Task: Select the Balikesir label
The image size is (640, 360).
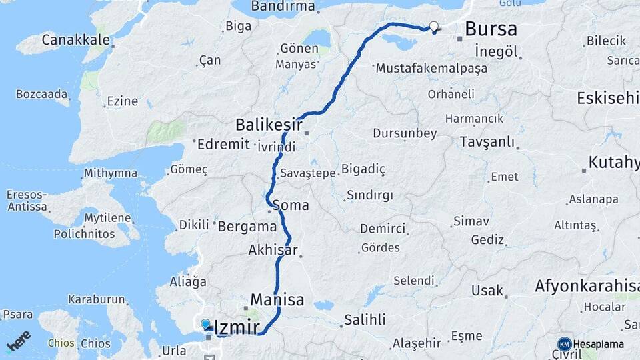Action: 269,125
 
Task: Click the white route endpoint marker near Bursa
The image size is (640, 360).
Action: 434,27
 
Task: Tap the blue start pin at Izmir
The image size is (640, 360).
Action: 205,324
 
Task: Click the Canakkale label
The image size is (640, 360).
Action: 75,40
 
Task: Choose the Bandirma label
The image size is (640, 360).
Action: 283,7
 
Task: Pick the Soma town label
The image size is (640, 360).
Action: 291,205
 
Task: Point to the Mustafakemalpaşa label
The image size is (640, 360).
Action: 431,68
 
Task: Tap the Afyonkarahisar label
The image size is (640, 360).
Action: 587,287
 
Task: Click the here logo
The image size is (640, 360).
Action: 19,341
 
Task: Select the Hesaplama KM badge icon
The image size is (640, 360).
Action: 564,344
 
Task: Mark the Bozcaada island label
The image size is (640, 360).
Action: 41,93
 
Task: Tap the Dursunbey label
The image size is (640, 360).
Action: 405,133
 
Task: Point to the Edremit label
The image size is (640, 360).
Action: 223,144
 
